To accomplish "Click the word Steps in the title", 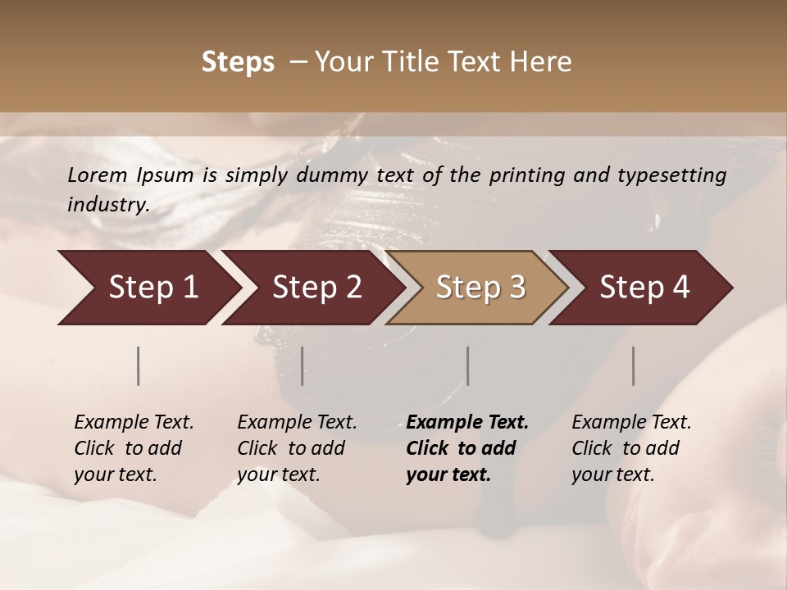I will click(238, 62).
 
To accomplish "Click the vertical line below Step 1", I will click(139, 365).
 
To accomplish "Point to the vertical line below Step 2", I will click(303, 365).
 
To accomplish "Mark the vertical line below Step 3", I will click(468, 365).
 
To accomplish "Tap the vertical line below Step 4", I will click(634, 365).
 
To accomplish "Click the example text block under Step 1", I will click(134, 448).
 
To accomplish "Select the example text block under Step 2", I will click(297, 448).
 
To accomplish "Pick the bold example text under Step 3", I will click(467, 448).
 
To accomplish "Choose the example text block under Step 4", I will click(631, 448).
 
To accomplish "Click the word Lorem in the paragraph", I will click(98, 175).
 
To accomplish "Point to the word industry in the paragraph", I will click(108, 204).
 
